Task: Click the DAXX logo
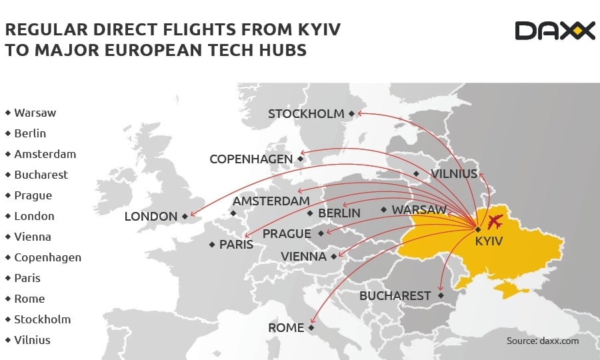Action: point(555,31)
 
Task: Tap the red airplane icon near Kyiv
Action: point(496,222)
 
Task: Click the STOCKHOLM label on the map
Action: point(306,114)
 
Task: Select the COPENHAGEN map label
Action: point(251,159)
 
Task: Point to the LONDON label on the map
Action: point(151,216)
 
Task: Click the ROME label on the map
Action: point(286,328)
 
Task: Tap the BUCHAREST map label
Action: point(395,295)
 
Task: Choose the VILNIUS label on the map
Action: point(454,174)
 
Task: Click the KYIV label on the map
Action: point(489,241)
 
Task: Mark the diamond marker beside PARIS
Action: point(212,245)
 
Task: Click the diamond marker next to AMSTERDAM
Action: point(233,213)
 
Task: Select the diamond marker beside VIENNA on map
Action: point(333,257)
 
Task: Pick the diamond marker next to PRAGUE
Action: point(321,233)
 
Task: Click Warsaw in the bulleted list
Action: point(35,113)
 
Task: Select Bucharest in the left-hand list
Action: point(41,175)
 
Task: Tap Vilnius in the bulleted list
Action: point(32,340)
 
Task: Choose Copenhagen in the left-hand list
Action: point(47,257)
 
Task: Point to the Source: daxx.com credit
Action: point(543,341)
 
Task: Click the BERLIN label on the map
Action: point(339,213)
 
